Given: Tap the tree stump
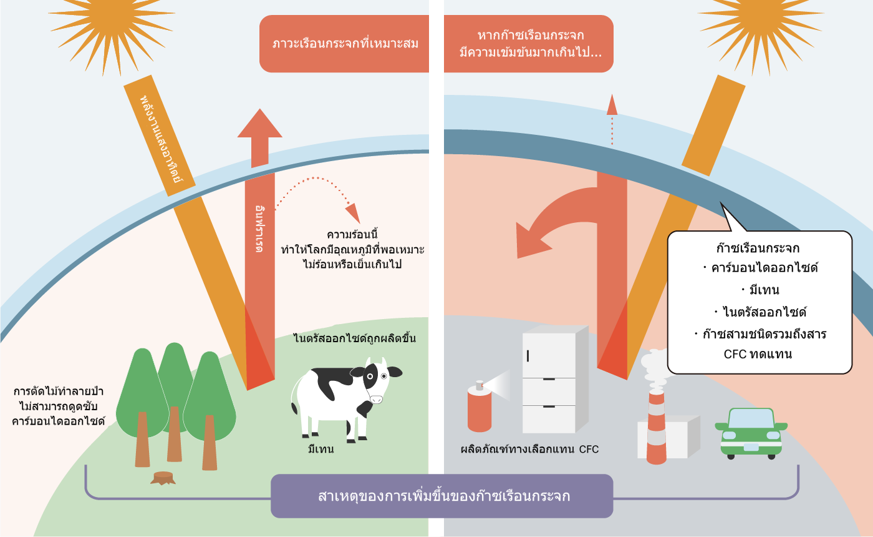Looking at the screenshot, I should point(163,478).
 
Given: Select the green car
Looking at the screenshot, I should point(751,432).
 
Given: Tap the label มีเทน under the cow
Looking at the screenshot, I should point(321,449).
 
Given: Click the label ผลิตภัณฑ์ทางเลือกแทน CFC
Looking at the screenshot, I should point(529,449).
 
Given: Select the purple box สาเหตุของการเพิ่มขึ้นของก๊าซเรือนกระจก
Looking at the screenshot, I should point(441,496).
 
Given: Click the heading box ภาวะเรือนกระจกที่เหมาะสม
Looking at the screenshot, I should point(345,44).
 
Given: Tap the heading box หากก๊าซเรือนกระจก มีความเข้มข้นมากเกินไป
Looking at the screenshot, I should point(529,44).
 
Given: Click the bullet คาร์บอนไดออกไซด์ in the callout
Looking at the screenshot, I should point(760,268).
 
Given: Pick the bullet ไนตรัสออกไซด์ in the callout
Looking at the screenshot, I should point(760,312).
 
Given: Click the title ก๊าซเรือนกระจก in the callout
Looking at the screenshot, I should point(759,247).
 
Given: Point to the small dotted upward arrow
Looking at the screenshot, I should point(612,119).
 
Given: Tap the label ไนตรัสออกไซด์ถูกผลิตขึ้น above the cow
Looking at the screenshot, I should point(354,339).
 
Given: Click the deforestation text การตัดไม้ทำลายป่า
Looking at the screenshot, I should point(59,392).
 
